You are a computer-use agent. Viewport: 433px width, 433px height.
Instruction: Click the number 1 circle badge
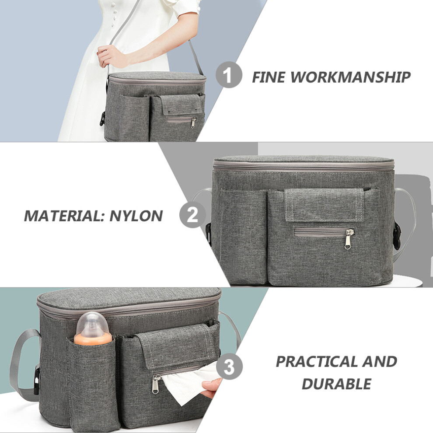[229, 75]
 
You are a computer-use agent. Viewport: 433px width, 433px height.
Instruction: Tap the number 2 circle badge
[192, 215]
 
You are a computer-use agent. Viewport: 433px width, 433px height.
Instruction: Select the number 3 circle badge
[229, 367]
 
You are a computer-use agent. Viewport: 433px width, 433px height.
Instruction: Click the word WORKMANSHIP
[350, 77]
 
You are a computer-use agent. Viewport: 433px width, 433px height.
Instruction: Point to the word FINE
[269, 77]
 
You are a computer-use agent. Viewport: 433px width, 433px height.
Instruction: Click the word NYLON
[136, 216]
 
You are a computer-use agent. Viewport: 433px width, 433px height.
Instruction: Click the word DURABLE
[336, 384]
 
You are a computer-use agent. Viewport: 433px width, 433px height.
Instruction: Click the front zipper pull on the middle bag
[349, 238]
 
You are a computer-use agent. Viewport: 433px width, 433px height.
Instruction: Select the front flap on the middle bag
[324, 205]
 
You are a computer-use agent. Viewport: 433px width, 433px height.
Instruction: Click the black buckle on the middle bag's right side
[397, 236]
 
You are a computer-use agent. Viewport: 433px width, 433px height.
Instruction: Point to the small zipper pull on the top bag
[194, 122]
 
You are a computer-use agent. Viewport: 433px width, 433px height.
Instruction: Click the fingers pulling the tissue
[211, 387]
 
